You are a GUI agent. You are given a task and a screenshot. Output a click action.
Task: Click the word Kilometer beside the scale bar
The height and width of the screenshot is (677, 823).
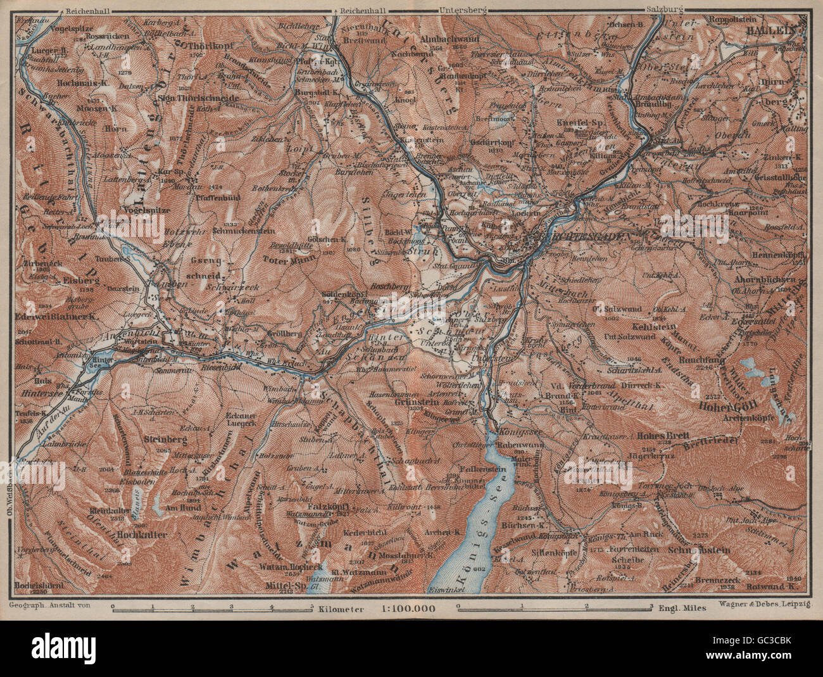pyautogui.click(x=342, y=609)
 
